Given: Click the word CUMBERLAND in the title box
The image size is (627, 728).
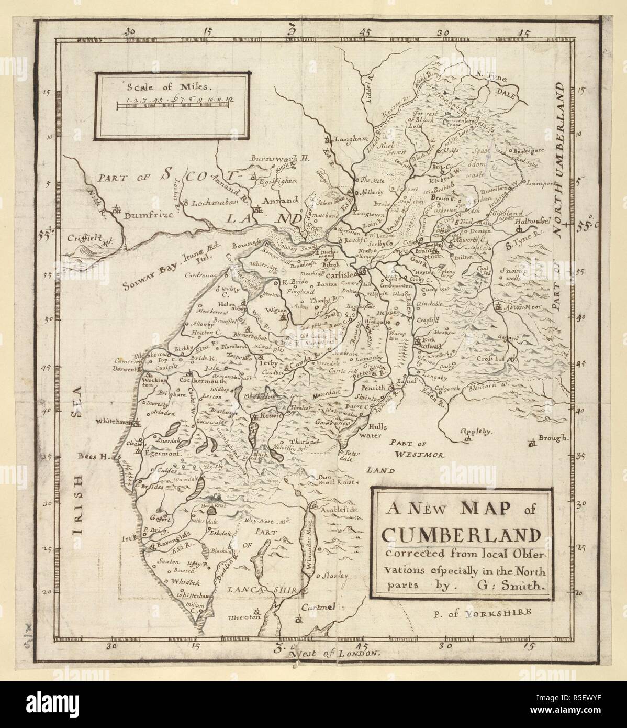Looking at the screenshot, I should coord(461,535).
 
